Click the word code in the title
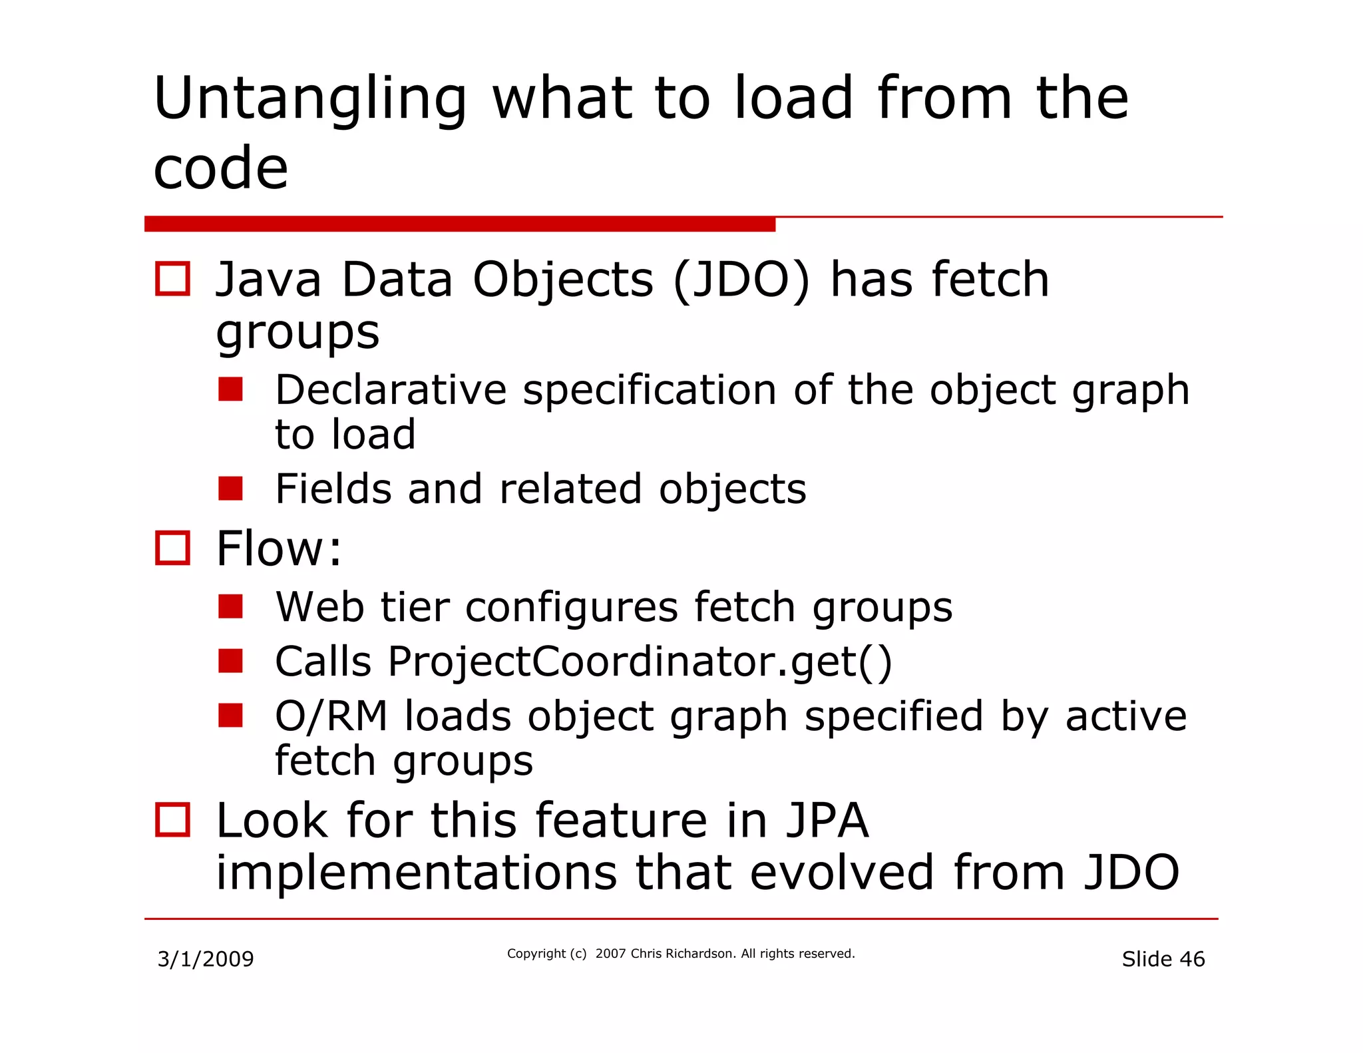pyautogui.click(x=220, y=168)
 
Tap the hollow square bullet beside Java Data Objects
pyautogui.click(x=172, y=278)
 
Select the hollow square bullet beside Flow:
pyautogui.click(x=172, y=548)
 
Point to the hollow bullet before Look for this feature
pyautogui.click(x=172, y=819)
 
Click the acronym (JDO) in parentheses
pyautogui.click(x=741, y=280)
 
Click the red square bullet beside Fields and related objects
pyautogui.click(x=230, y=489)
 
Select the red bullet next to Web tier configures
pyautogui.click(x=230, y=606)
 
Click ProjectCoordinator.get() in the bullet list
pyautogui.click(x=640, y=662)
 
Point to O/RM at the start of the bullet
pyautogui.click(x=331, y=716)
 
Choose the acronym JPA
pyautogui.click(x=827, y=820)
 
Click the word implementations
pyautogui.click(x=417, y=873)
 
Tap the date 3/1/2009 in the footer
pyautogui.click(x=206, y=959)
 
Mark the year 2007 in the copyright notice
pyautogui.click(x=610, y=954)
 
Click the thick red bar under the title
pyautogui.click(x=459, y=224)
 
